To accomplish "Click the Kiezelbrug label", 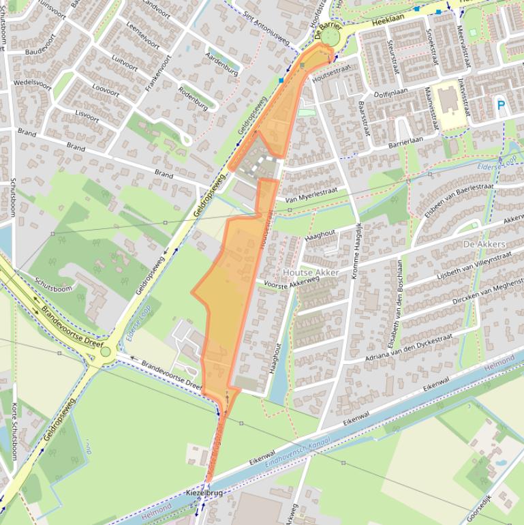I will click(x=204, y=492).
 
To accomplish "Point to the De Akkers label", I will click(x=484, y=244).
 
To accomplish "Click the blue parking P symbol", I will click(x=501, y=106).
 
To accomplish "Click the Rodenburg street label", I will click(x=192, y=98).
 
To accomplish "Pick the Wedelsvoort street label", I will click(x=32, y=84).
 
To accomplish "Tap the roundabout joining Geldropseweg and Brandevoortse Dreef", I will click(x=105, y=352).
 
